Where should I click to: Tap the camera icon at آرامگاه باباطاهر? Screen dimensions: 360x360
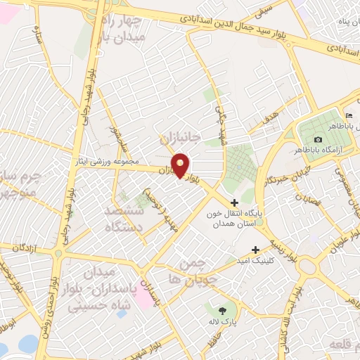click(319, 140)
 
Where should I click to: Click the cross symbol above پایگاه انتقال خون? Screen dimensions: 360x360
click(235, 203)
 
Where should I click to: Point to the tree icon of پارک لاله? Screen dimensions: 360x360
click(223, 309)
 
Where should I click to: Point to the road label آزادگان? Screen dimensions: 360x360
click(23, 249)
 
